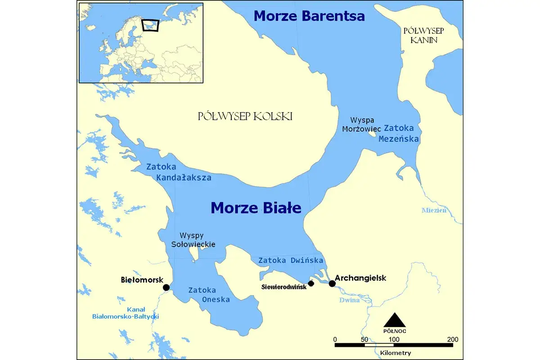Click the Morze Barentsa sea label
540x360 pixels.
309,16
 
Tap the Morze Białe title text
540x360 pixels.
256,208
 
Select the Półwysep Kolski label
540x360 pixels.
245,116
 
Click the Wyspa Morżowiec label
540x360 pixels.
366,125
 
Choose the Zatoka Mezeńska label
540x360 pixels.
399,134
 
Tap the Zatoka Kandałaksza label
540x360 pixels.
179,172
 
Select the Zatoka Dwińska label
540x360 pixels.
291,260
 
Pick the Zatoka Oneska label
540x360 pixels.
209,295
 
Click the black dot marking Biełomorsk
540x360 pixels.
166,288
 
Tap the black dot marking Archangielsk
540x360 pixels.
332,283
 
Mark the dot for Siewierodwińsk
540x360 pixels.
311,283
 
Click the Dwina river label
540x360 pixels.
349,299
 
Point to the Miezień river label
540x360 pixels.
434,210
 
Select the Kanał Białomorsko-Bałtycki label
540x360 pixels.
125,313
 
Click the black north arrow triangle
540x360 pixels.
395,320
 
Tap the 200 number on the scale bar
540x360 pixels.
453,339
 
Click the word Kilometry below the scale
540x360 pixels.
395,353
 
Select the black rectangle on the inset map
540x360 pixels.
151,25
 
